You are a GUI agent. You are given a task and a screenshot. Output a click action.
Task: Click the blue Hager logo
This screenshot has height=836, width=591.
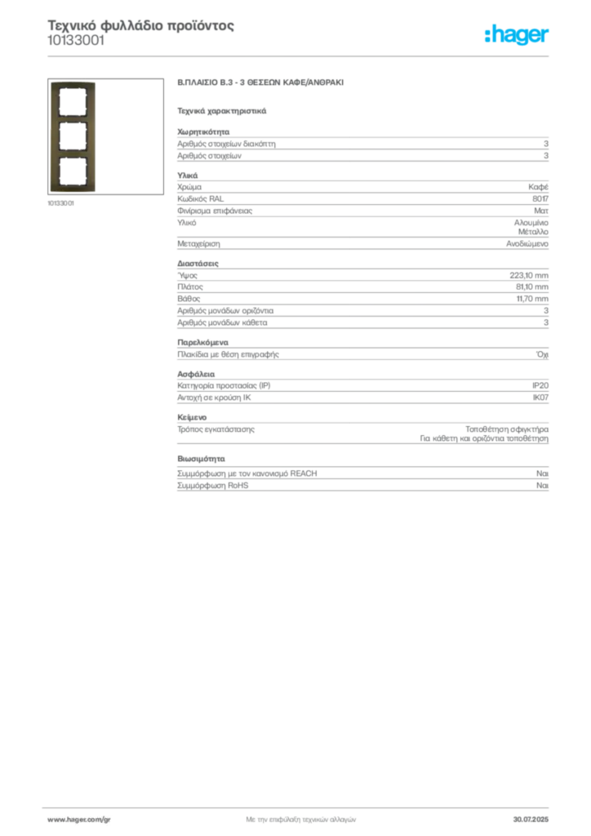tap(518, 36)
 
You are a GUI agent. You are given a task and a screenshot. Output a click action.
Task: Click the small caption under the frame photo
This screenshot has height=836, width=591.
tap(62, 202)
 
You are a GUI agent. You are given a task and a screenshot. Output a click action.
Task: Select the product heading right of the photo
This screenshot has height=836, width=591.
tap(261, 84)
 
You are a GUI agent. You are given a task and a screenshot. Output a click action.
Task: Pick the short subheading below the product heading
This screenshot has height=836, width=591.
tap(222, 109)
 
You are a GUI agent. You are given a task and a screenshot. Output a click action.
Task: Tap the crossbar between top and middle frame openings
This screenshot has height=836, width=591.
tap(73, 118)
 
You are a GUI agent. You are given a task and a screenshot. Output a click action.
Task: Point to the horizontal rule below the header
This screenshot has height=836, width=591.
tap(300, 56)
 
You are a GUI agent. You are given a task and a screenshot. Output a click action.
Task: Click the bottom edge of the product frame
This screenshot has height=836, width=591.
tap(73, 193)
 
